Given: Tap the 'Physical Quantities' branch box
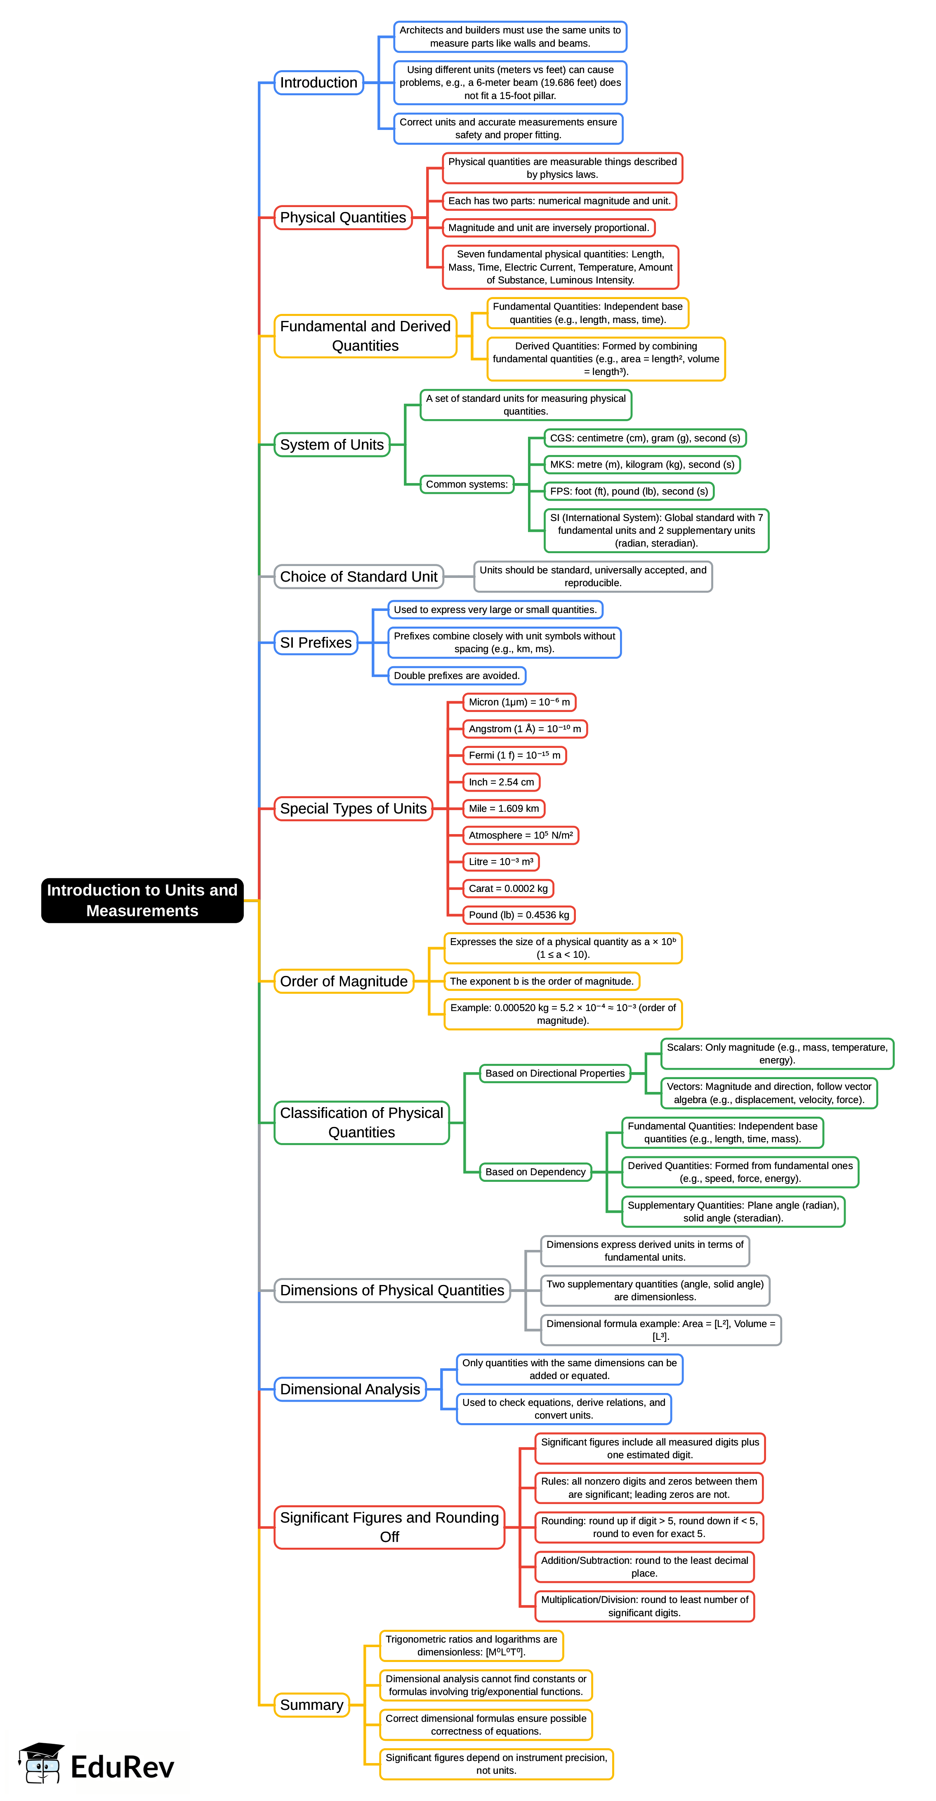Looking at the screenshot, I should click(x=342, y=217).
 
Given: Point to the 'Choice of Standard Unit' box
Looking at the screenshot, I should click(x=358, y=577).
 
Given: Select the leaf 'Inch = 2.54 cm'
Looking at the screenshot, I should click(x=501, y=783).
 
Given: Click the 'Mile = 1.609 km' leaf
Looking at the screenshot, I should click(x=503, y=809).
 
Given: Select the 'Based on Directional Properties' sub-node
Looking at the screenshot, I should click(x=554, y=1073).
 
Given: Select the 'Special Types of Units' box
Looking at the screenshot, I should click(x=353, y=809).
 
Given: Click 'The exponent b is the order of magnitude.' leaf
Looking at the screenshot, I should click(x=541, y=982).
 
